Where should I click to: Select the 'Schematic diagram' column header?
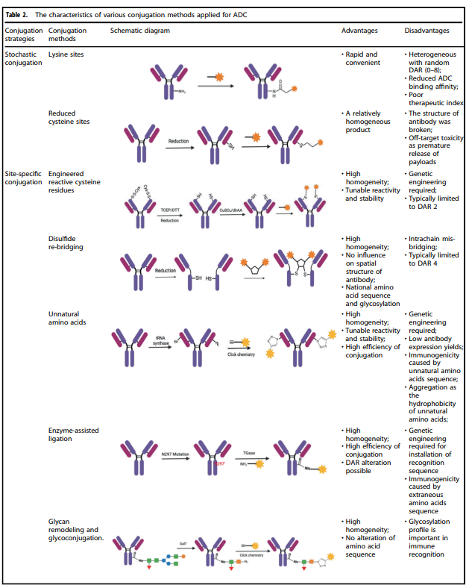(x=140, y=31)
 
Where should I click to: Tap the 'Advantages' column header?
(x=359, y=31)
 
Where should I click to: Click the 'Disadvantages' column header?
(x=426, y=31)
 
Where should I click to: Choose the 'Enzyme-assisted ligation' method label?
(x=73, y=435)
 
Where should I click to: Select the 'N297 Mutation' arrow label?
(x=177, y=454)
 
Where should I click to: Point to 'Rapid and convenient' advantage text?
(x=362, y=59)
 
